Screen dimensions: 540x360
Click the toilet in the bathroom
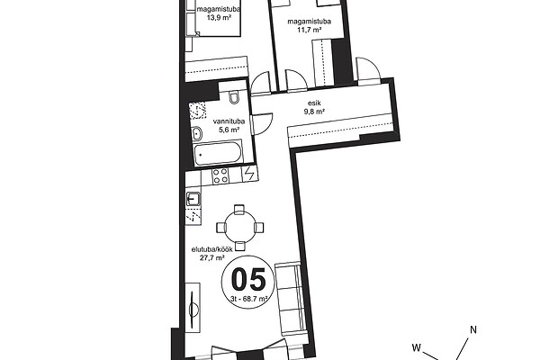[x=234, y=97]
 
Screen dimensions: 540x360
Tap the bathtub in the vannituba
[x=218, y=153]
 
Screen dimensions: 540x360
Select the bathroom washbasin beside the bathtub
[x=197, y=134]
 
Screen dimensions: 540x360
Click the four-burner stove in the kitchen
[x=220, y=175]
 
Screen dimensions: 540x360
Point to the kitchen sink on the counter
[x=193, y=199]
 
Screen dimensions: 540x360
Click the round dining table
[x=240, y=228]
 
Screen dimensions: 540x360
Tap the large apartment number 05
[x=248, y=280]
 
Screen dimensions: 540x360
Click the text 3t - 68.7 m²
[x=249, y=300]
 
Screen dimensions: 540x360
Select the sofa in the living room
[x=291, y=298]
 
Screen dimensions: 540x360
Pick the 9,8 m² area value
[x=314, y=112]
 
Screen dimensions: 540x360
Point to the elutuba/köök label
[x=211, y=249]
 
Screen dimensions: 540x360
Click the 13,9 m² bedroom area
[x=219, y=17]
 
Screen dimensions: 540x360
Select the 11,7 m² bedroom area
[x=310, y=30]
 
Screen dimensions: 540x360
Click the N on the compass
[x=473, y=330]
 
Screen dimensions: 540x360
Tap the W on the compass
[x=417, y=347]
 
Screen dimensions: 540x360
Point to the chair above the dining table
[x=239, y=210]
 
